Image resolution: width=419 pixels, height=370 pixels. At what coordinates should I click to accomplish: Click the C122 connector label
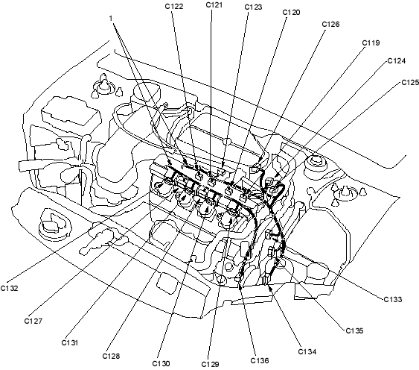pyautogui.click(x=174, y=6)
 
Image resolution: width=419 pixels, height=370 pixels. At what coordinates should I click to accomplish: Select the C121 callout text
pyautogui.click(x=214, y=4)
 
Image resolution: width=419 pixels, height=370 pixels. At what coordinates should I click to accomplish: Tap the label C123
pyautogui.click(x=253, y=7)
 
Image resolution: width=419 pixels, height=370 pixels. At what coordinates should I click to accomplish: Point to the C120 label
pyautogui.click(x=291, y=13)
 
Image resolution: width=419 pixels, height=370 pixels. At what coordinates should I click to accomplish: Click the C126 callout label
pyautogui.click(x=330, y=24)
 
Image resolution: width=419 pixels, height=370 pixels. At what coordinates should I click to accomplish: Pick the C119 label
pyautogui.click(x=371, y=43)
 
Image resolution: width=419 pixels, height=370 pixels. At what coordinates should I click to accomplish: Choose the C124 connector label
pyautogui.click(x=397, y=61)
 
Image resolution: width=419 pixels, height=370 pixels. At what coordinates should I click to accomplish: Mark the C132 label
pyautogui.click(x=10, y=288)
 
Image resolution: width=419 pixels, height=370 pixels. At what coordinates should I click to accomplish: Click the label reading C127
pyautogui.click(x=33, y=321)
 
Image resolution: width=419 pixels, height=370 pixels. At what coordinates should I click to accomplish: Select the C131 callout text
pyautogui.click(x=69, y=342)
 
